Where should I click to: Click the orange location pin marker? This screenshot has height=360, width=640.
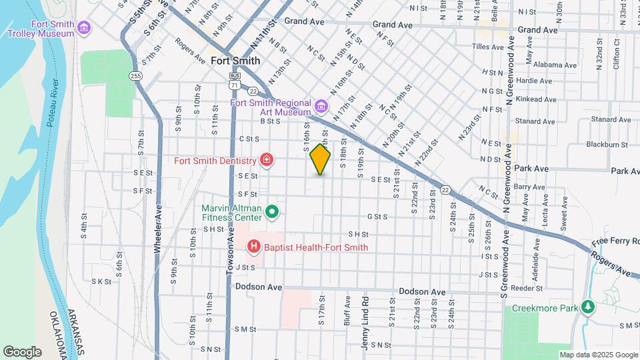320,159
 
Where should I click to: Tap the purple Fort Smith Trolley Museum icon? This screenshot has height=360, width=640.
84,27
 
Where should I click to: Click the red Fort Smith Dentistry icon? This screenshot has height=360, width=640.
267,160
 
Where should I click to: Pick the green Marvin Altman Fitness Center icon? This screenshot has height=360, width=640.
272,213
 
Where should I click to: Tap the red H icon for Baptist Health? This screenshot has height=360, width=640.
254,247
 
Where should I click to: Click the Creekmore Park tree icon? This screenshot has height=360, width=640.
588,307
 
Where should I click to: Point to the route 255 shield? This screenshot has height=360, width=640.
136,76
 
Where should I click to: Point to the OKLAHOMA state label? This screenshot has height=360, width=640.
58,333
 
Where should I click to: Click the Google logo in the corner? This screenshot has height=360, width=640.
22,351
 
